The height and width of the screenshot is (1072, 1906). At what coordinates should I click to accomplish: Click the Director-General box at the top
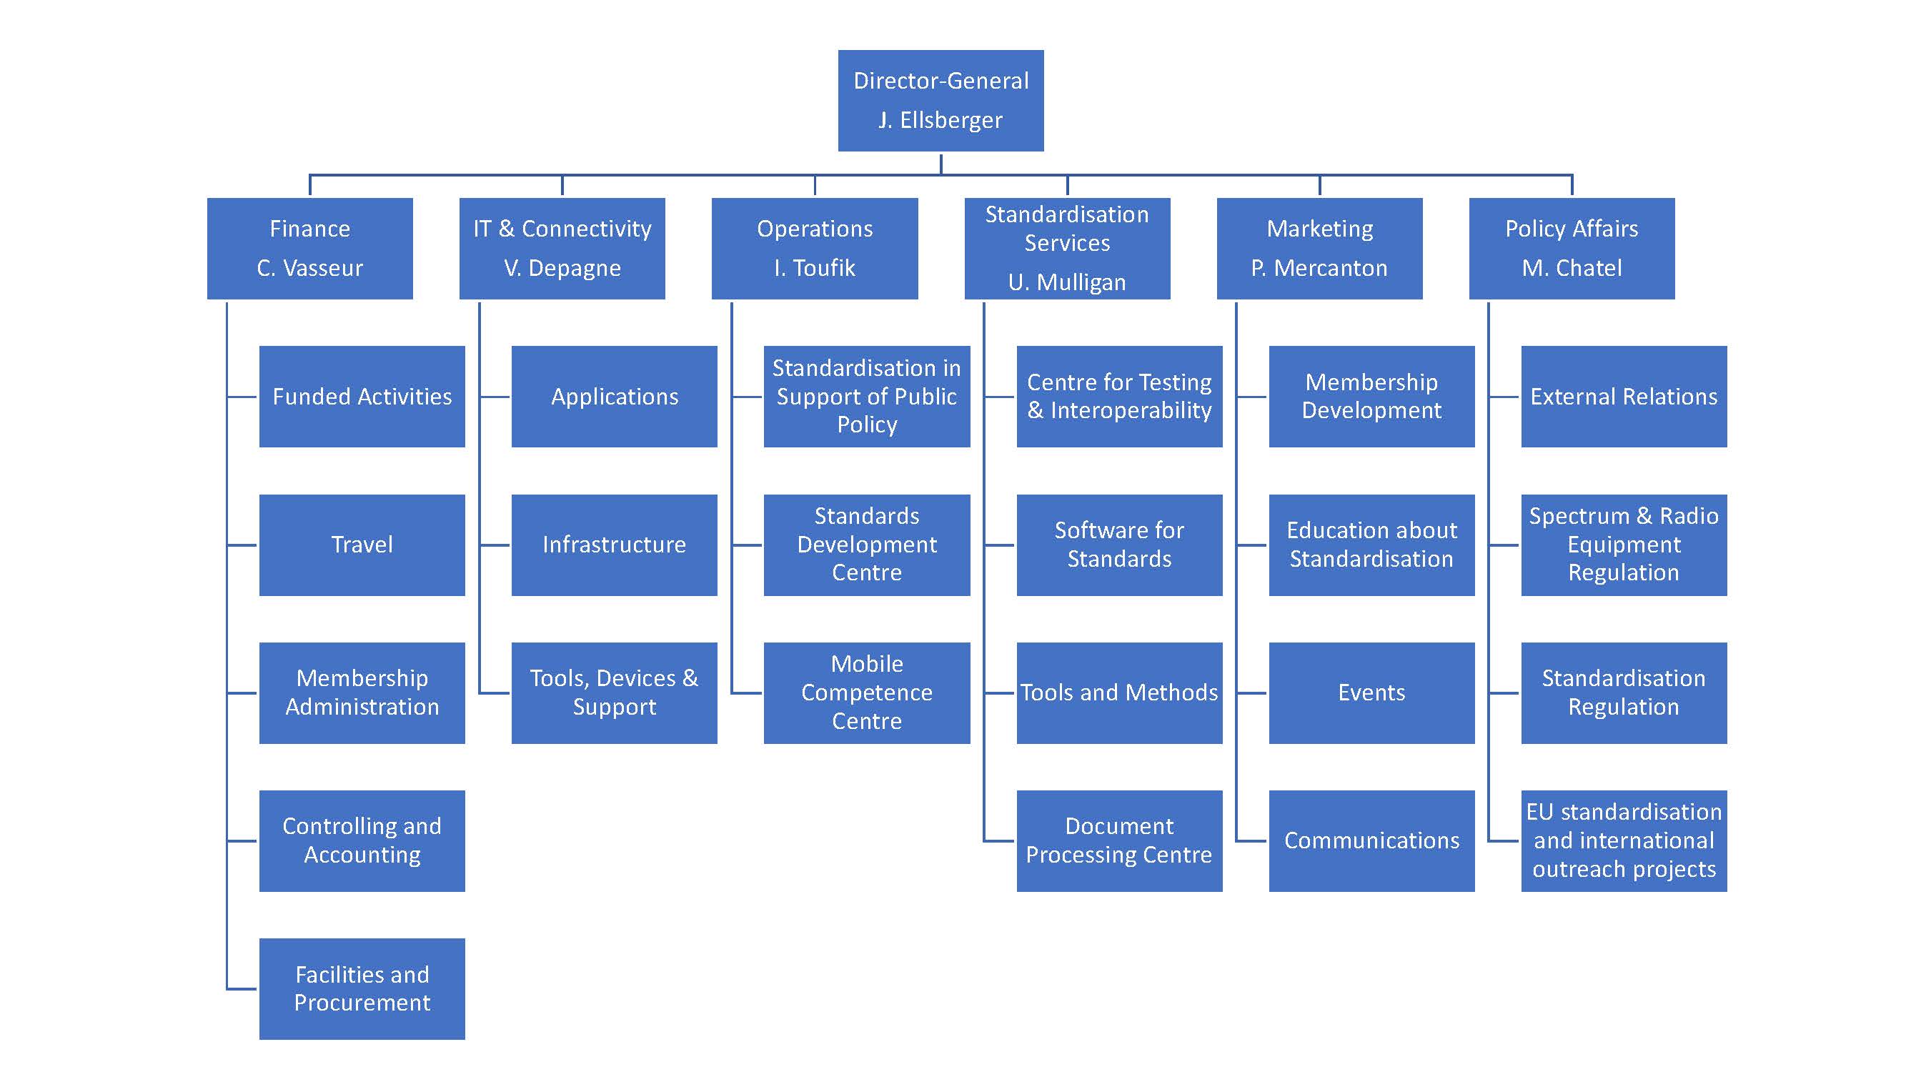(x=940, y=101)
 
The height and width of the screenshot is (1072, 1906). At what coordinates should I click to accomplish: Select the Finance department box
(x=309, y=248)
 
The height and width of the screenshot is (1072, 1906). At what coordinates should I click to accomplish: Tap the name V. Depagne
(x=562, y=268)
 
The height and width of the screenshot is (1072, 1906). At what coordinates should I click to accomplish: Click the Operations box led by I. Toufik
(x=814, y=248)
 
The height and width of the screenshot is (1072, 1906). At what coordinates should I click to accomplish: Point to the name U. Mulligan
(x=1066, y=282)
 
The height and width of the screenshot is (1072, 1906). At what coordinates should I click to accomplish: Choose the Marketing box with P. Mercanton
(x=1319, y=248)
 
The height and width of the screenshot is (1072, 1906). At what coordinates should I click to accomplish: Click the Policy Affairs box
(x=1572, y=248)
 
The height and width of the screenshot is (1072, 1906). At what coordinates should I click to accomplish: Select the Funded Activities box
(x=362, y=397)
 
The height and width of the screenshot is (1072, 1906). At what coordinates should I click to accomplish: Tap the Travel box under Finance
(x=362, y=545)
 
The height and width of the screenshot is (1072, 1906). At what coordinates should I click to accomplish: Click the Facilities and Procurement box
(x=362, y=988)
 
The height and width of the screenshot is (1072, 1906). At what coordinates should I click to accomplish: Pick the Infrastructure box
(x=614, y=545)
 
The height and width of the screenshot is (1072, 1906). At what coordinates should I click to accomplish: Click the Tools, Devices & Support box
(x=614, y=693)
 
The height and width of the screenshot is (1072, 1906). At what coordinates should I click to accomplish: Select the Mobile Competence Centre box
(x=866, y=693)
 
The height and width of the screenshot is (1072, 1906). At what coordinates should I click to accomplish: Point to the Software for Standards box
(x=1118, y=545)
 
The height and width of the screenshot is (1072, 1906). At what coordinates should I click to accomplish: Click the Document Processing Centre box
(x=1118, y=840)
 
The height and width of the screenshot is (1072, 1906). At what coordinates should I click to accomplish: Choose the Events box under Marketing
(x=1371, y=693)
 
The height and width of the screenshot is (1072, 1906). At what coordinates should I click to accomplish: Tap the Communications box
(x=1371, y=840)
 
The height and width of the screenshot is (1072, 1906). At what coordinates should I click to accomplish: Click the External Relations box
(x=1624, y=397)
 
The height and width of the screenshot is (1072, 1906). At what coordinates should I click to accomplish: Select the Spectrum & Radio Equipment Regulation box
(x=1624, y=545)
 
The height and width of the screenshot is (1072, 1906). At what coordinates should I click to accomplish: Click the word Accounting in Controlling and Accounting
(x=362, y=855)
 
